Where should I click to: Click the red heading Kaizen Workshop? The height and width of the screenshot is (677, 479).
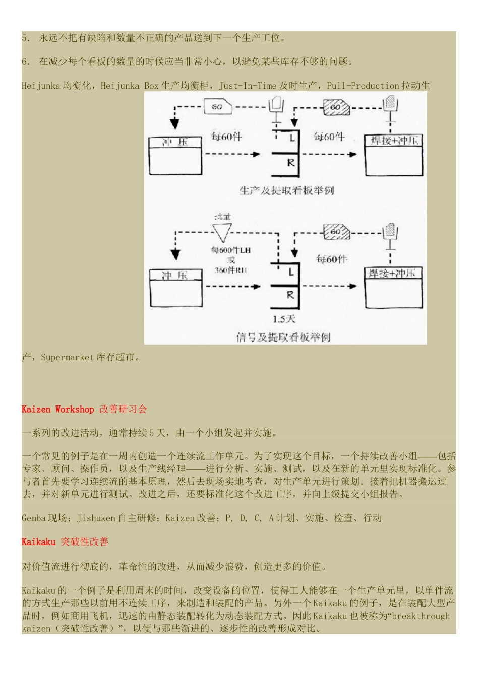pyautogui.click(x=57, y=409)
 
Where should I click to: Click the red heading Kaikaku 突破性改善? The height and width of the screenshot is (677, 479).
pyautogui.click(x=65, y=541)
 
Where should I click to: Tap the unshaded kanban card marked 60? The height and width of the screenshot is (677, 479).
pyautogui.click(x=217, y=107)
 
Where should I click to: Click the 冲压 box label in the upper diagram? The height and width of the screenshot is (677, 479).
pyautogui.click(x=174, y=142)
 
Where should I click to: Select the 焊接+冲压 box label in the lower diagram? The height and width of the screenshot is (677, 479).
pyautogui.click(x=392, y=274)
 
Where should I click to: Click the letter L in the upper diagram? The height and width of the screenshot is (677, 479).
pyautogui.click(x=292, y=137)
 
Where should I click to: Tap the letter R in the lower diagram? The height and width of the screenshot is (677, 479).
pyautogui.click(x=290, y=295)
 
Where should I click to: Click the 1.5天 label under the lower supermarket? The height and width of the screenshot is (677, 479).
pyautogui.click(x=284, y=319)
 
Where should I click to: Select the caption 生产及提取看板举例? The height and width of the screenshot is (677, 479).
pyautogui.click(x=286, y=190)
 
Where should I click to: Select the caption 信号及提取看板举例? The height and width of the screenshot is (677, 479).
pyautogui.click(x=283, y=337)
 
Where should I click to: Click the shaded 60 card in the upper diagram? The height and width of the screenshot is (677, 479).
pyautogui.click(x=336, y=107)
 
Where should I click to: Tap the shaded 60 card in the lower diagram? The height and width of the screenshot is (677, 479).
pyautogui.click(x=336, y=232)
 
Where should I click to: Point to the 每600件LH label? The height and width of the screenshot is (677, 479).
pyautogui.click(x=231, y=250)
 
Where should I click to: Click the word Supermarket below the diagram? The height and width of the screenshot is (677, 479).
pyautogui.click(x=67, y=357)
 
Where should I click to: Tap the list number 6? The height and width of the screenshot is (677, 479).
pyautogui.click(x=25, y=62)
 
